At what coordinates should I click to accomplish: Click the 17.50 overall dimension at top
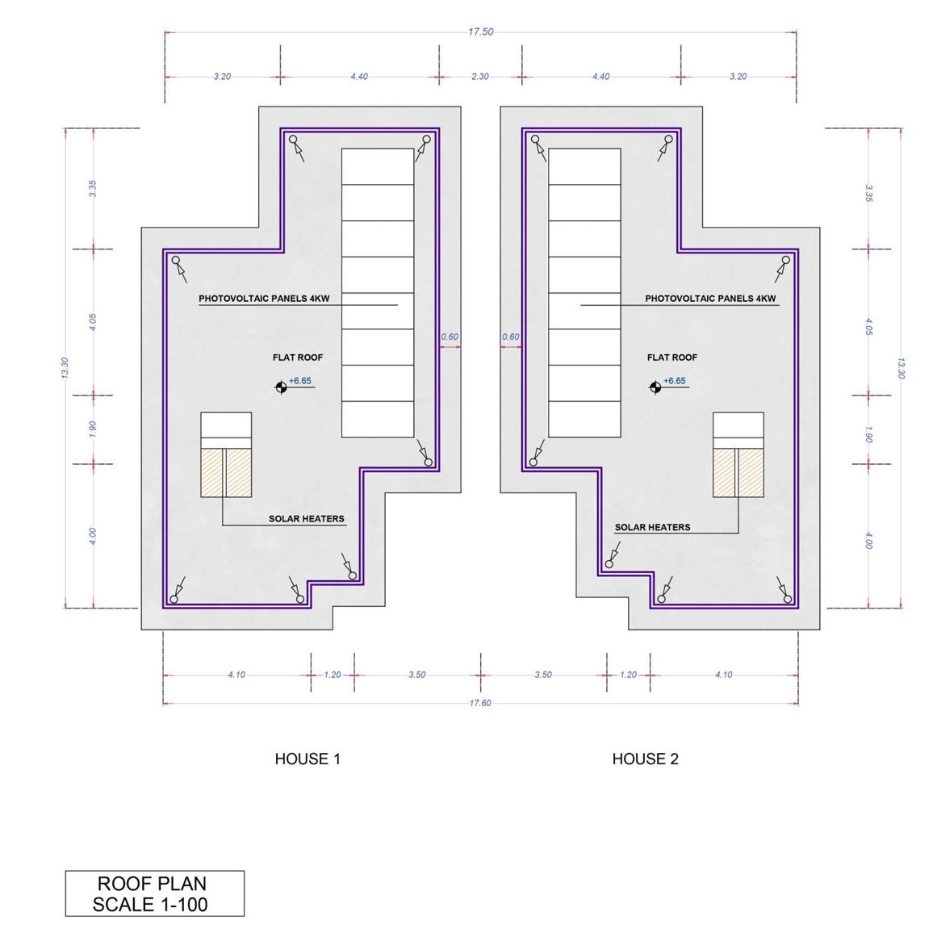tap(480, 31)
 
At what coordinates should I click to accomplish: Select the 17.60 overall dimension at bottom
tap(480, 703)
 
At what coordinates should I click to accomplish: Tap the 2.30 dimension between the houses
tap(480, 77)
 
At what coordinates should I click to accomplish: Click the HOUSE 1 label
tap(307, 759)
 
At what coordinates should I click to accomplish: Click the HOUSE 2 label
tap(646, 759)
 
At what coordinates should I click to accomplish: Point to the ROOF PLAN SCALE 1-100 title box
tap(155, 893)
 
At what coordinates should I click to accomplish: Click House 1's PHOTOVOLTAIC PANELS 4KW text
tap(264, 298)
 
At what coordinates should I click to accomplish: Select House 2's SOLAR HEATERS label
tap(653, 527)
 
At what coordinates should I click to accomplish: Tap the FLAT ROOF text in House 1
tap(298, 358)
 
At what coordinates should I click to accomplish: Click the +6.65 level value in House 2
tap(674, 381)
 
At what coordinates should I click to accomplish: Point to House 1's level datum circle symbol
tap(281, 387)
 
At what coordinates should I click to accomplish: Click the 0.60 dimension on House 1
tap(450, 337)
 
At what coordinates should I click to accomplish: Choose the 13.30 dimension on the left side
tap(65, 367)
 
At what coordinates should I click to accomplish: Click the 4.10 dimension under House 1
tap(236, 675)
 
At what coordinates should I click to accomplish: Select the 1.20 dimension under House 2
tap(628, 675)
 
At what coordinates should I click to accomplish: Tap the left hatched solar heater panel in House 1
tap(211, 473)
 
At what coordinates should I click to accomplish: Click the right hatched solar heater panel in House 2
tap(751, 473)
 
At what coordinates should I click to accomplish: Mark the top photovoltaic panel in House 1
tap(378, 167)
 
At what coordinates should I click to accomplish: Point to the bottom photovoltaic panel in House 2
tap(584, 419)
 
